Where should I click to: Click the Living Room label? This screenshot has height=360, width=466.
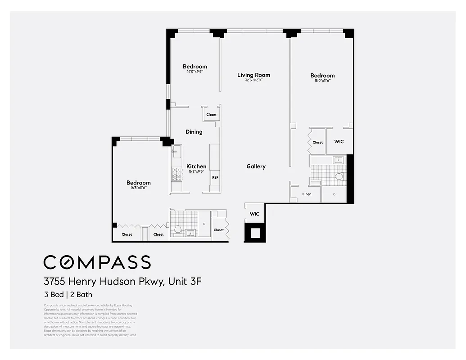(x=253, y=75)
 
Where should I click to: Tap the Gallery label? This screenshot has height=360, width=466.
(x=256, y=166)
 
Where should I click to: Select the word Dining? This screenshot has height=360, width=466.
(x=194, y=132)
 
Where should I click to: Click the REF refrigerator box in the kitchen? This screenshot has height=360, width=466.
(x=215, y=178)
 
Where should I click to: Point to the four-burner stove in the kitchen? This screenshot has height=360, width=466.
(x=176, y=174)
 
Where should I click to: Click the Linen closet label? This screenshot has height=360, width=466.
(x=307, y=194)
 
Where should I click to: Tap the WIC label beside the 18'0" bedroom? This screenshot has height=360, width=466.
(x=339, y=141)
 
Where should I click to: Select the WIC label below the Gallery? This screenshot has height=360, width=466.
(x=254, y=214)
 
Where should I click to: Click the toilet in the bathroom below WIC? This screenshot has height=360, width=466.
(x=339, y=177)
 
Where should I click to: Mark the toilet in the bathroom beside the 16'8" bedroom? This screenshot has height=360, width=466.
(x=178, y=229)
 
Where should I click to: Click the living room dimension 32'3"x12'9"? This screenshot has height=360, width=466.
(x=253, y=81)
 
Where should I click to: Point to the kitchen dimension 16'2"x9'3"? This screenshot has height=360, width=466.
(x=196, y=171)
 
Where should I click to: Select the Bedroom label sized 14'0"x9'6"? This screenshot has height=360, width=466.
(x=195, y=67)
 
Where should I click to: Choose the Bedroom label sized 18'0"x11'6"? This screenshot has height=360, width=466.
(x=322, y=76)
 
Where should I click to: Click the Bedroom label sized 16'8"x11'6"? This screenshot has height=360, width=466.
(x=138, y=183)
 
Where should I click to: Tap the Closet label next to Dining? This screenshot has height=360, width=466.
(x=211, y=115)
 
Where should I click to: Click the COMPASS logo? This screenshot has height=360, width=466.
(x=97, y=262)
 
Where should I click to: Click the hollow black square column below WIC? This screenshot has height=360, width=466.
(x=255, y=233)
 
